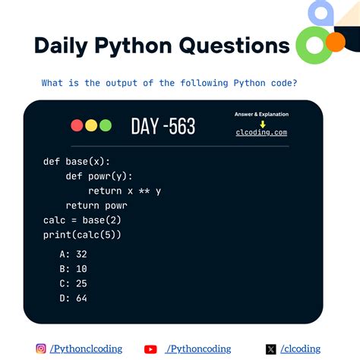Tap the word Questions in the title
pyautogui.click(x=235, y=46)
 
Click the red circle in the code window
pyautogui.click(x=77, y=125)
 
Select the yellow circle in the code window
pyautogui.click(x=91, y=125)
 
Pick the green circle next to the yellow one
pyautogui.click(x=106, y=125)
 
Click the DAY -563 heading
pyautogui.click(x=163, y=126)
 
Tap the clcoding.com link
pyautogui.click(x=261, y=132)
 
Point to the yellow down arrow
pyautogui.click(x=262, y=123)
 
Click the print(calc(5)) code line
pyautogui.click(x=83, y=235)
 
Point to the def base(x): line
pyautogui.click(x=77, y=161)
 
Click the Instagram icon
pyautogui.click(x=41, y=349)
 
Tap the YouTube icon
pyautogui.click(x=150, y=349)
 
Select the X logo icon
pyautogui.click(x=271, y=349)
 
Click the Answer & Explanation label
pyautogui.click(x=261, y=114)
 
